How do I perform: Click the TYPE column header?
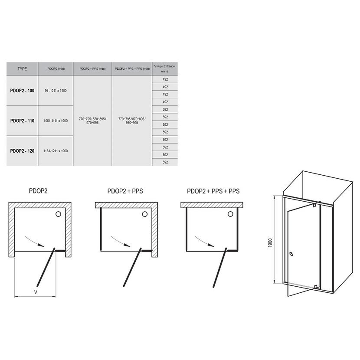pyautogui.click(x=22, y=69)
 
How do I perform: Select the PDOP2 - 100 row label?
pyautogui.click(x=22, y=91)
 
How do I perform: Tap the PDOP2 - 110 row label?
pyautogui.click(x=22, y=121)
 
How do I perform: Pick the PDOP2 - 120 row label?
pyautogui.click(x=22, y=151)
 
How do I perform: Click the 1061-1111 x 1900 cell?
pyautogui.click(x=56, y=121)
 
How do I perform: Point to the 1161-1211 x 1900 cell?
pyautogui.click(x=56, y=151)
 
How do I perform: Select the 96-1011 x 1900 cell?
pyautogui.click(x=56, y=91)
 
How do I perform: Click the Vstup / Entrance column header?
pyautogui.click(x=165, y=69)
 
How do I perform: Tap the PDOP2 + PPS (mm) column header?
pyautogui.click(x=92, y=69)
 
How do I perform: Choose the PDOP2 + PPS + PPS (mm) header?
pyautogui.click(x=132, y=69)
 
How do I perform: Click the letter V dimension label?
pyautogui.click(x=36, y=292)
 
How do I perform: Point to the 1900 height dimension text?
pyautogui.click(x=270, y=243)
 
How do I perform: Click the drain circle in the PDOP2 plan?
pyautogui.click(x=58, y=214)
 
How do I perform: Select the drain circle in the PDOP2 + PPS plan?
pyautogui.click(x=144, y=214)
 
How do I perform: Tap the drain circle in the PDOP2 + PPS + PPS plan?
pyautogui.click(x=230, y=214)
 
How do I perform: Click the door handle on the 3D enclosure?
pyautogui.click(x=291, y=254)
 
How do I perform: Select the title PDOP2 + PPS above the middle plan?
pyautogui.click(x=125, y=191)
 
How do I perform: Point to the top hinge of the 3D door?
pyautogui.click(x=314, y=206)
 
